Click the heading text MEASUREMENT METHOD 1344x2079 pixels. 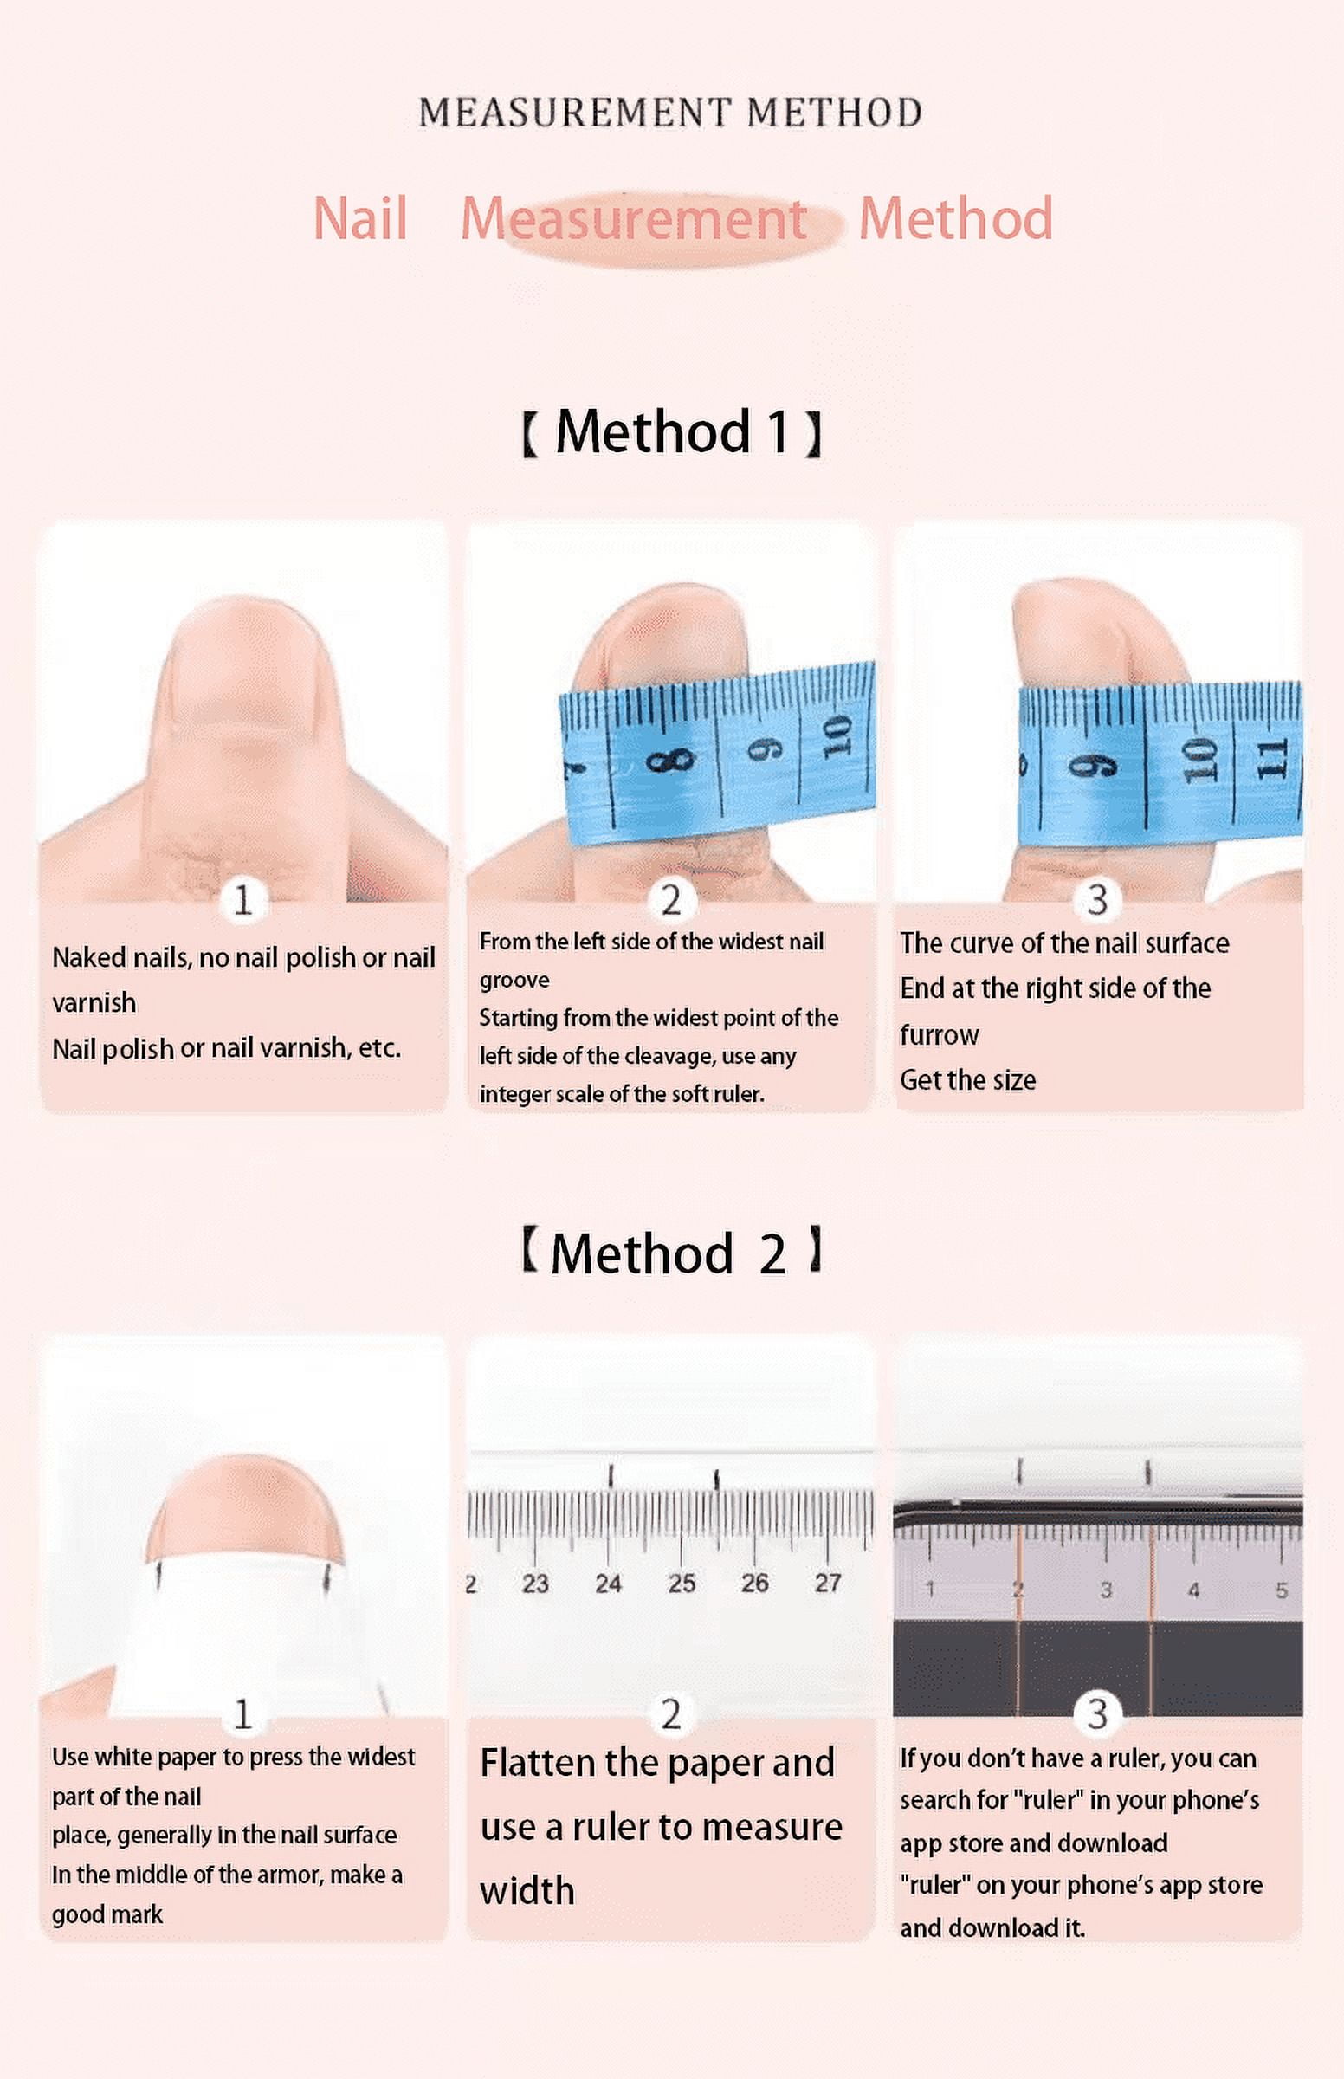(x=670, y=113)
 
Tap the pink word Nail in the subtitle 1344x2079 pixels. (x=360, y=218)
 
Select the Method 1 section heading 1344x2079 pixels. (x=671, y=432)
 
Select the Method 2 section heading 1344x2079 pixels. (x=671, y=1253)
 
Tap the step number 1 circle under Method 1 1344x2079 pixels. (x=242, y=900)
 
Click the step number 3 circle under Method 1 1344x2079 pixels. (x=1097, y=900)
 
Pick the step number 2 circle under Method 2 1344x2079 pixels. (x=670, y=1714)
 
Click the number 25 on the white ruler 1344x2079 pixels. (x=682, y=1584)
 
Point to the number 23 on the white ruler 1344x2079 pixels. (x=535, y=1584)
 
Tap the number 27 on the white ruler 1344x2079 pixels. (x=827, y=1583)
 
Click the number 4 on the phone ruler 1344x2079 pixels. (x=1193, y=1590)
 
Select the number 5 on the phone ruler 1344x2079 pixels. (x=1281, y=1590)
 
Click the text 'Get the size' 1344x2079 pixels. (x=968, y=1080)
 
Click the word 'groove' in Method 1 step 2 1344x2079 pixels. (x=514, y=981)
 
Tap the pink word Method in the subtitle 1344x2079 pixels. (x=956, y=218)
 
